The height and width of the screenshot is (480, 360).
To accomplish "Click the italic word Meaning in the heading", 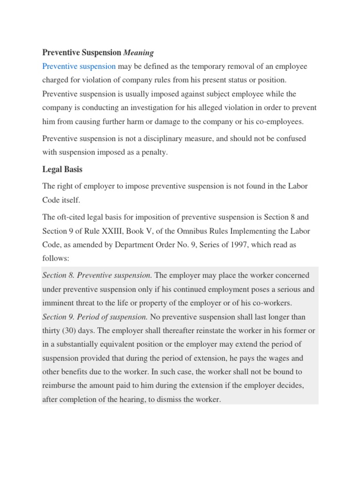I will (138, 53).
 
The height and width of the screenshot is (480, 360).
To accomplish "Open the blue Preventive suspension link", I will (79, 67).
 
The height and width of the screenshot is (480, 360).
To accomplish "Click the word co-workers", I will (274, 302).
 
